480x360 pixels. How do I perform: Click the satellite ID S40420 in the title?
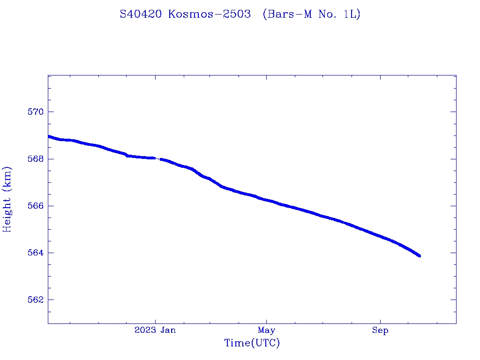click(141, 14)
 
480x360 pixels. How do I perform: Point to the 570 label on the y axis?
click(36, 112)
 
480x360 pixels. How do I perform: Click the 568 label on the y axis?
click(36, 159)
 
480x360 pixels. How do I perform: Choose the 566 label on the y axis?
click(36, 206)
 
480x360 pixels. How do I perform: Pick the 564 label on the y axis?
click(36, 253)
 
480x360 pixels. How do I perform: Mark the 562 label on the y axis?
click(36, 300)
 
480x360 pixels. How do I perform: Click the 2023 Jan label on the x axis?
click(155, 330)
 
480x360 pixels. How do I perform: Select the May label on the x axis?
click(266, 330)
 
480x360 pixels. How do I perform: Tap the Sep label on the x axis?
click(380, 330)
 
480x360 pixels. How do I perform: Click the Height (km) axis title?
click(7, 199)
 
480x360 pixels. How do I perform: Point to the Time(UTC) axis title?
click(252, 343)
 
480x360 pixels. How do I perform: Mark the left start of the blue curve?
click(49, 136)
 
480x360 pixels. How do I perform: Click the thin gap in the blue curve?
click(158, 159)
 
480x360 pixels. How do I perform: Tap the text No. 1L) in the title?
click(339, 14)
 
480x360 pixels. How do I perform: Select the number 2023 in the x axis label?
click(144, 330)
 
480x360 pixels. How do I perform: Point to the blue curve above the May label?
click(266, 200)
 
